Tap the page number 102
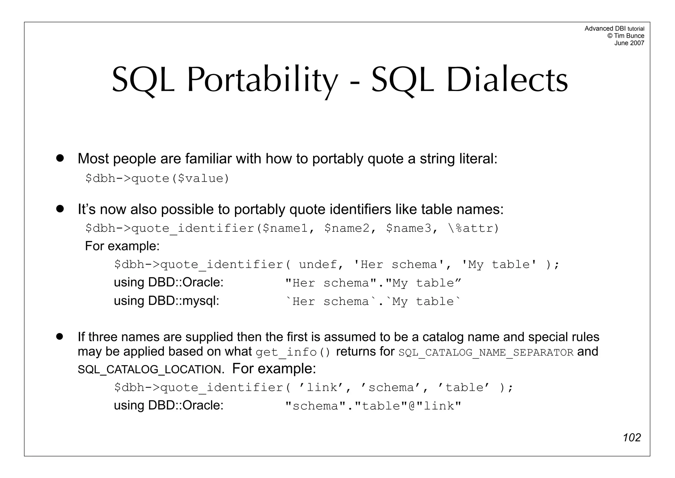pyautogui.click(x=631, y=437)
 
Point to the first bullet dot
pyautogui.click(x=60, y=158)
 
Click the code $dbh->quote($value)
pyautogui.click(x=157, y=179)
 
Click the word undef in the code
pyautogui.click(x=318, y=264)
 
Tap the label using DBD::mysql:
pyautogui.click(x=166, y=301)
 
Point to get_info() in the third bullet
pyautogui.click(x=293, y=352)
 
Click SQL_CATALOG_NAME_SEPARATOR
pyautogui.click(x=486, y=353)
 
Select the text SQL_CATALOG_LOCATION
pyautogui.click(x=150, y=369)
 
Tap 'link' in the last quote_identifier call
pyautogui.click(x=322, y=388)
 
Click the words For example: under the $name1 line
pyautogui.click(x=122, y=246)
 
